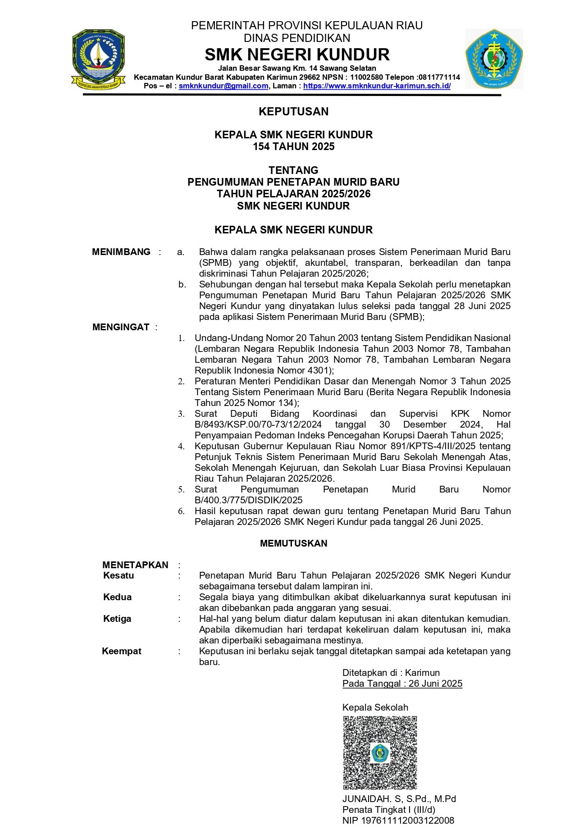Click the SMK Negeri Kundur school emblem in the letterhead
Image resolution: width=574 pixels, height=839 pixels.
[x=494, y=59]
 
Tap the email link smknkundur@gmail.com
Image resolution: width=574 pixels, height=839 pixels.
[x=223, y=86]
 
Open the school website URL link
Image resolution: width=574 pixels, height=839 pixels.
[x=377, y=86]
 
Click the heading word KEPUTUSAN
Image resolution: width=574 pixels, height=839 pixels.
[x=293, y=112]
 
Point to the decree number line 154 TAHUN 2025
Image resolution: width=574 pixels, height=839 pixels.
[x=293, y=146]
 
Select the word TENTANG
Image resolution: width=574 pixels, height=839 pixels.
[x=293, y=170]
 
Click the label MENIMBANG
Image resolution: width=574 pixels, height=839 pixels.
[x=121, y=252]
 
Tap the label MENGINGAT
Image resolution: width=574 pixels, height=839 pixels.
[x=121, y=327]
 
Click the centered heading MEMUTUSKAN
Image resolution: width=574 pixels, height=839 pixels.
[x=293, y=543]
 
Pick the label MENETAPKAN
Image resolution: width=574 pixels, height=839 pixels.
[x=135, y=565]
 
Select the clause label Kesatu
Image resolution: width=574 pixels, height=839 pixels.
[x=118, y=575]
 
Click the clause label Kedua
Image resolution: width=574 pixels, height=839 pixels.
[x=117, y=597]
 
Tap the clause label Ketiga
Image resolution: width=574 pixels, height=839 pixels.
[x=117, y=619]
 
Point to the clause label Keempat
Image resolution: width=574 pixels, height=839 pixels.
[x=122, y=651]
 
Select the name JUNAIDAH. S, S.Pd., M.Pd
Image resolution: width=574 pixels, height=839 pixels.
[x=399, y=799]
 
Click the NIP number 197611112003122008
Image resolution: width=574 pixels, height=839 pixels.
[x=398, y=821]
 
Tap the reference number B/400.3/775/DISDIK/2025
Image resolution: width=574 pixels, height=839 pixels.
[x=248, y=500]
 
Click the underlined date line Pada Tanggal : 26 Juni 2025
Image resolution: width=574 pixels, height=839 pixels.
[x=402, y=684]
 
